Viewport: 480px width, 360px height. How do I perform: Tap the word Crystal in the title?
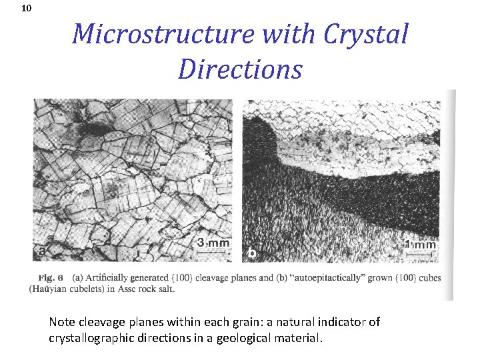coord(365,33)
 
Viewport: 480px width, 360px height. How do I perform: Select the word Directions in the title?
coord(240,68)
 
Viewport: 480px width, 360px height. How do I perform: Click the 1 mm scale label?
coord(421,245)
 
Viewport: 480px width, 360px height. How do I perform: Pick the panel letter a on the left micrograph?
coord(41,251)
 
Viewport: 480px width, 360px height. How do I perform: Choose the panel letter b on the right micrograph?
coord(252,253)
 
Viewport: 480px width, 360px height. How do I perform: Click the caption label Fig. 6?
coord(51,277)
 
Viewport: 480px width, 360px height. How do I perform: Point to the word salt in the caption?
coord(174,288)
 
